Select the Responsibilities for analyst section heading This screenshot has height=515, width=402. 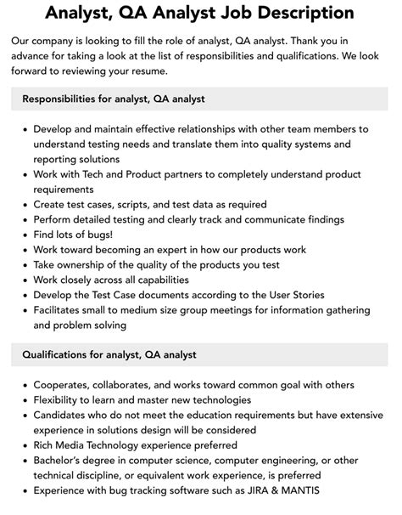[x=114, y=99]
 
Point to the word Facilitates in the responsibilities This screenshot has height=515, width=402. [x=64, y=310]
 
